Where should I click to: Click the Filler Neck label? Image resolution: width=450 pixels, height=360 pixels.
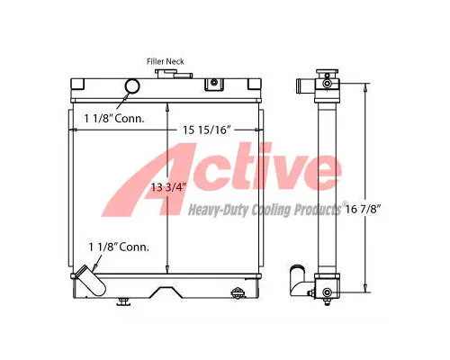point(165,61)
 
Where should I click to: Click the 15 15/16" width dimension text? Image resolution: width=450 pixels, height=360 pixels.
point(207,130)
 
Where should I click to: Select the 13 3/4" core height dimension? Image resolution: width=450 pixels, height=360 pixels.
point(168,187)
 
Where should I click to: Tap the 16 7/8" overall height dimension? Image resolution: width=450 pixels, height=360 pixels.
point(363,209)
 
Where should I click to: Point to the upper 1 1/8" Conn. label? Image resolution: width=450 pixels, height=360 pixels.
point(114,119)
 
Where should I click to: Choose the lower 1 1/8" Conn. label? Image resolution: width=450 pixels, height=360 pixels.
point(119,247)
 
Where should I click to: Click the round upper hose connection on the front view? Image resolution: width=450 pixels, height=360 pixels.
point(132,86)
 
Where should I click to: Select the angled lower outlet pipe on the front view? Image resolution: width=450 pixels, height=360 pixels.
point(90,281)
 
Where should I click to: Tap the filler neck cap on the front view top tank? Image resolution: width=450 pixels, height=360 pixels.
point(173,74)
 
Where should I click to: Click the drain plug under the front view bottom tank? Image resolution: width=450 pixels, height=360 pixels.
point(122,301)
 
